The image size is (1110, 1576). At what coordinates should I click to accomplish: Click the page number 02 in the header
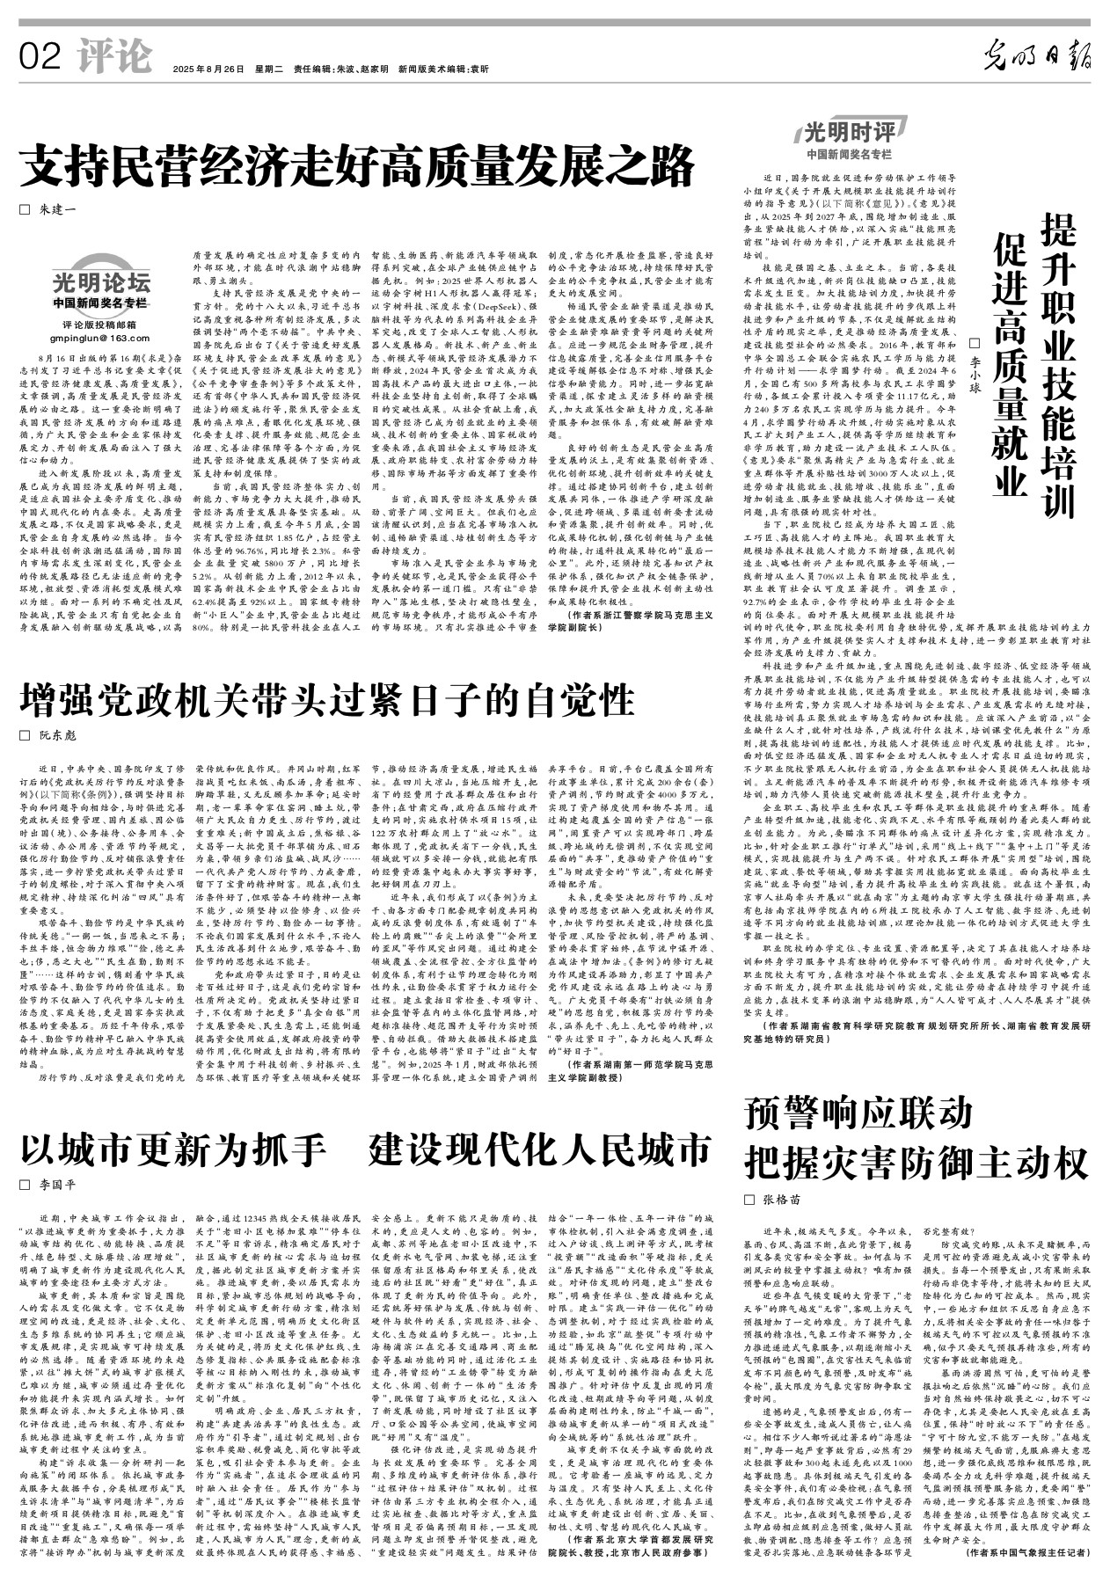click(x=39, y=58)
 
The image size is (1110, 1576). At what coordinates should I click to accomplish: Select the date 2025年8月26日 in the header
click(x=208, y=69)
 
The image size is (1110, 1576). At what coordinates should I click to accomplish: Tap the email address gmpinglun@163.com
click(x=99, y=338)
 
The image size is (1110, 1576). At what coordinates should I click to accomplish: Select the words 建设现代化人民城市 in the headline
click(x=539, y=1149)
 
